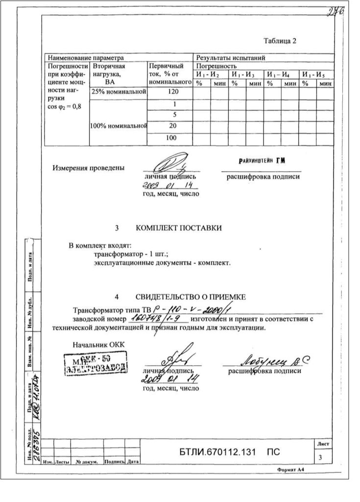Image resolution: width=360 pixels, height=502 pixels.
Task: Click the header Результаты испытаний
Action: (231, 58)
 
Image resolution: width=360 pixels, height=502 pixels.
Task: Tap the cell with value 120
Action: (171, 92)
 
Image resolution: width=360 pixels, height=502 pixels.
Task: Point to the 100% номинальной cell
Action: (119, 126)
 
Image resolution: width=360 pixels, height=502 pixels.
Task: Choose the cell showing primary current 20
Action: (171, 126)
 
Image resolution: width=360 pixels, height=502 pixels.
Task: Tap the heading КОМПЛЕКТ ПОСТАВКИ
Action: (178, 228)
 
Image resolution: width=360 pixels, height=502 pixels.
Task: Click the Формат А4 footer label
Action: (293, 470)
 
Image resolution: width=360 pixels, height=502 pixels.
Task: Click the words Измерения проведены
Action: (88, 168)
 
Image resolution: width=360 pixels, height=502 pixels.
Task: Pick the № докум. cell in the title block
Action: (87, 462)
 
